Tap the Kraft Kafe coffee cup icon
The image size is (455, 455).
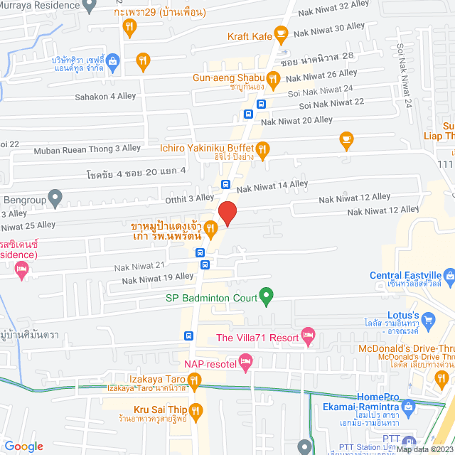(281, 33)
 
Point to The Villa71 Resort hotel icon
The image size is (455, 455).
(308, 334)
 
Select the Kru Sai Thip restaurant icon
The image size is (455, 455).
(196, 409)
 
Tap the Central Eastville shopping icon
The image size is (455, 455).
(449, 275)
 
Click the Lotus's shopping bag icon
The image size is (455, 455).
(428, 323)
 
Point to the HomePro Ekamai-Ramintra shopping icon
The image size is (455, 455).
(407, 406)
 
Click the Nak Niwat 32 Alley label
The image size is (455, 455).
(332, 6)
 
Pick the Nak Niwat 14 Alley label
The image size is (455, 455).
(272, 186)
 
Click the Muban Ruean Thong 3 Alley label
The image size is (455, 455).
(92, 148)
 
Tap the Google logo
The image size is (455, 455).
(24, 446)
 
